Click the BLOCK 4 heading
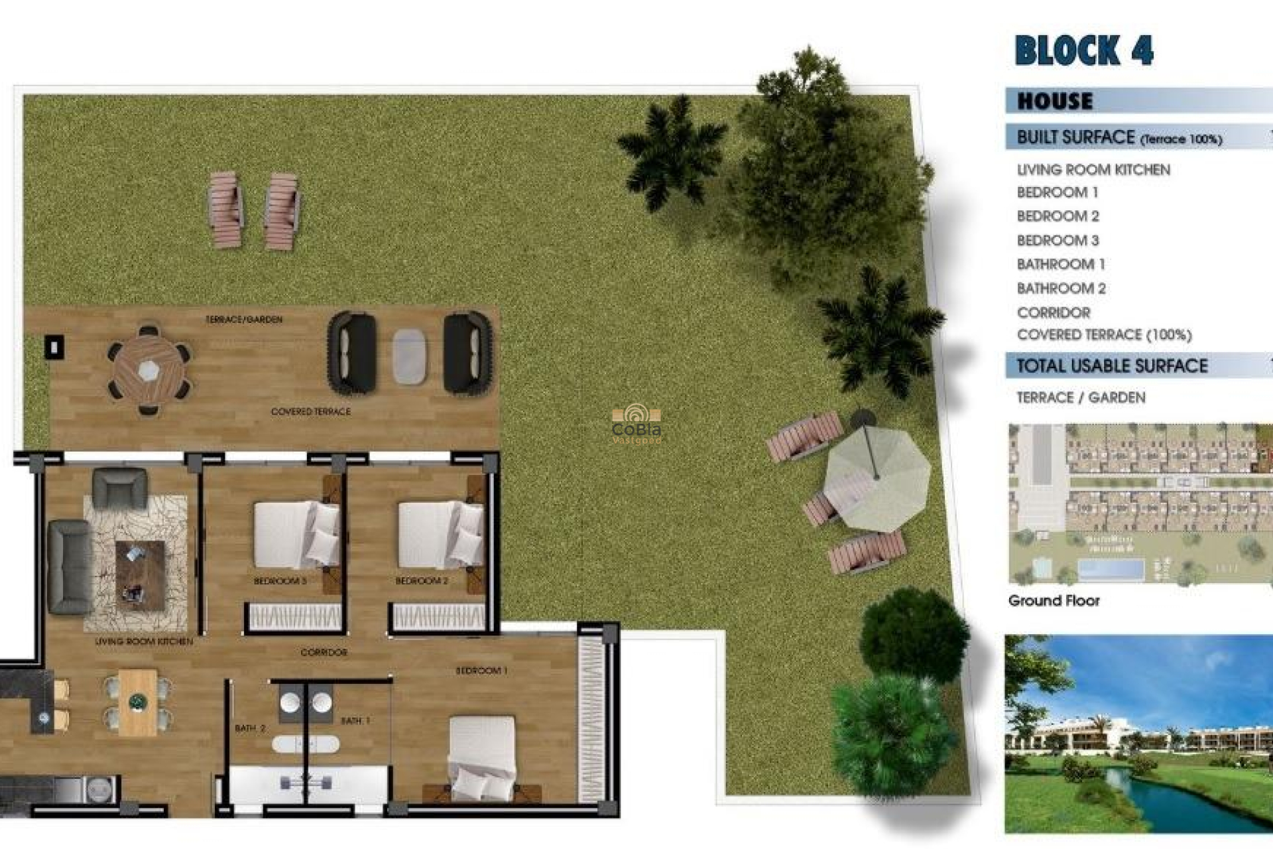[1083, 50]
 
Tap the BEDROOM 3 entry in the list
[1058, 240]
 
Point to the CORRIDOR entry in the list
[1054, 312]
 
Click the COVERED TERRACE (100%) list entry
[1104, 335]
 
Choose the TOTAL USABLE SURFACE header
[1112, 366]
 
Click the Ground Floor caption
[1054, 601]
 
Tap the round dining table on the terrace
[149, 369]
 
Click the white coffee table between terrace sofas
[409, 356]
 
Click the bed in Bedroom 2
[440, 535]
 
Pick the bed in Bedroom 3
[296, 535]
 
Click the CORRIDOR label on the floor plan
[324, 653]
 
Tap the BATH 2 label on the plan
[250, 728]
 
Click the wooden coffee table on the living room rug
[140, 574]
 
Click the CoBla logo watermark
[636, 424]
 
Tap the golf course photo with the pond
[1138, 734]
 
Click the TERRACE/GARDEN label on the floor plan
[244, 320]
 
